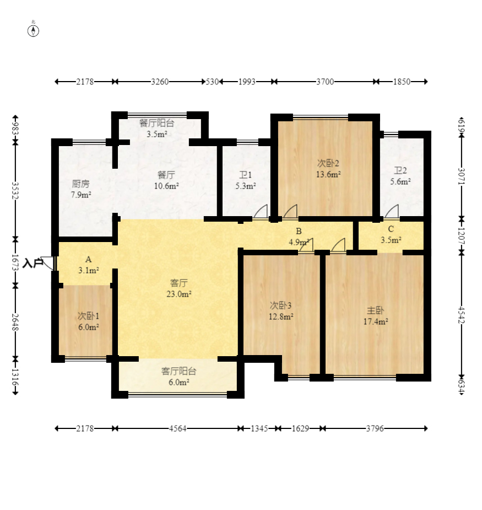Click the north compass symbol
tap(33, 31)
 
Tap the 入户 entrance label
tap(33, 263)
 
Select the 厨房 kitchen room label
tap(80, 184)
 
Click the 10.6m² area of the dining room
tap(166, 186)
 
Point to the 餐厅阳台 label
tap(156, 123)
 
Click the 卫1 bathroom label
tap(245, 175)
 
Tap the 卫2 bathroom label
tap(400, 170)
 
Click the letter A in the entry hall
tap(88, 260)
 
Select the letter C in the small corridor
tap(391, 229)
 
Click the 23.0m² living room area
tap(179, 294)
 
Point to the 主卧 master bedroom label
tap(375, 310)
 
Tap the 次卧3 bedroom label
tap(280, 305)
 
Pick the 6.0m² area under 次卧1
tap(88, 327)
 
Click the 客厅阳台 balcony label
tap(179, 371)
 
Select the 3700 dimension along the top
tap(325, 82)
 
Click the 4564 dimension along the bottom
tap(177, 429)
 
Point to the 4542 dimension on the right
tap(462, 315)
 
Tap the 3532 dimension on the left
tap(15, 191)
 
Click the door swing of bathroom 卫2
tap(392, 211)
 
